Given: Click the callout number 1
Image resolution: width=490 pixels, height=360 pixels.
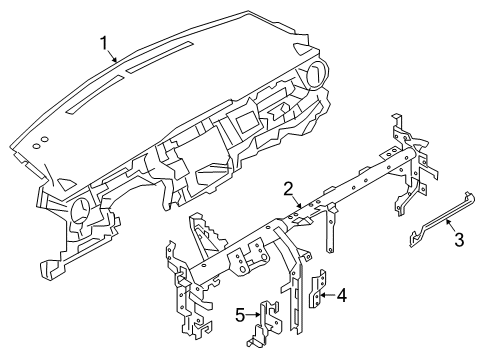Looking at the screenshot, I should click(103, 43).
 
